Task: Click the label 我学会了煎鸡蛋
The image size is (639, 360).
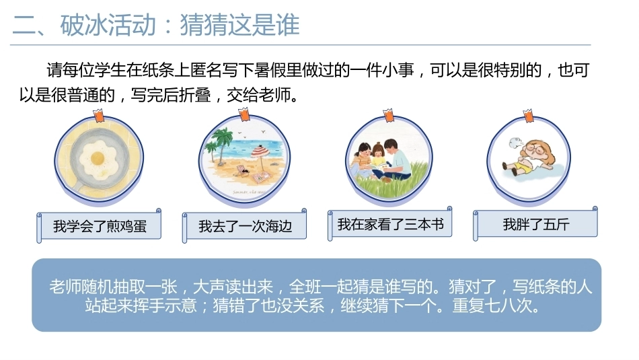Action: point(100,226)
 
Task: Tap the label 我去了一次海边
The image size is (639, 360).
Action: point(246,226)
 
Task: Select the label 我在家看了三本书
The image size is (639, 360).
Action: point(390,224)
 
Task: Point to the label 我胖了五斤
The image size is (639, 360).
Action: point(536,224)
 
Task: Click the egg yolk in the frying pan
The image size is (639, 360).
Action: point(98,157)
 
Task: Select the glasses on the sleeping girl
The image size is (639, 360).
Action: point(535,149)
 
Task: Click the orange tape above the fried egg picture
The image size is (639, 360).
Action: point(99,115)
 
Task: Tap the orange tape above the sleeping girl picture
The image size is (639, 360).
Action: point(529,115)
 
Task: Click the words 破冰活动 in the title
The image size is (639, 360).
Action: point(108,25)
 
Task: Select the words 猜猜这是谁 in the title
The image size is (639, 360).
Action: point(240,25)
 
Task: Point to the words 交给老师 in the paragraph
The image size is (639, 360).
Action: point(259,95)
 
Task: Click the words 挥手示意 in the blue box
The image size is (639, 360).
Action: point(165,305)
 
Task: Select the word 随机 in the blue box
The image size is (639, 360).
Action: point(98,287)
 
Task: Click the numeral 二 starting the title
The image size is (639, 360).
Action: point(24,26)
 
